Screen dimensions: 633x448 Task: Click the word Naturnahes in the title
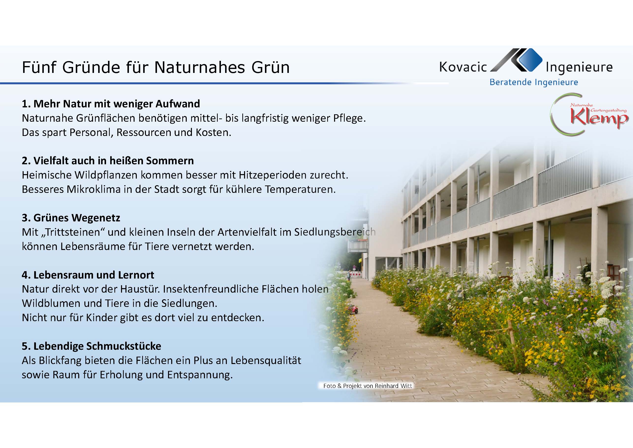199,67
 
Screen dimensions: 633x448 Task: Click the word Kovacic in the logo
463,67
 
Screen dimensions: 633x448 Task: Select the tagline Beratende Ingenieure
534,82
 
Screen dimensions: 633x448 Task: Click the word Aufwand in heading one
178,104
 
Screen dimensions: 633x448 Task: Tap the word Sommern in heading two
170,161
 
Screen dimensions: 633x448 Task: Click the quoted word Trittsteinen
72,232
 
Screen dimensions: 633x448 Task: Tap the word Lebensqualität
266,361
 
